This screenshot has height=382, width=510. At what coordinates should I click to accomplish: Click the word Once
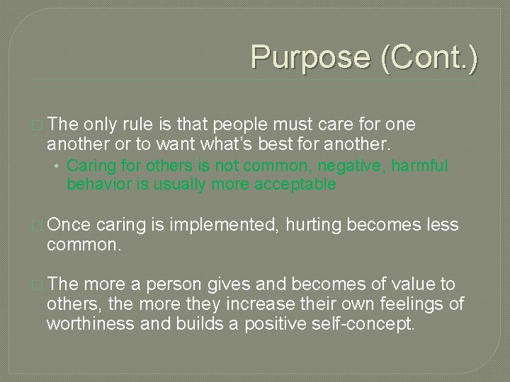(69, 225)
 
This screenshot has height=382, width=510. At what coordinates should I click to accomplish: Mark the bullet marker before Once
(37, 226)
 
